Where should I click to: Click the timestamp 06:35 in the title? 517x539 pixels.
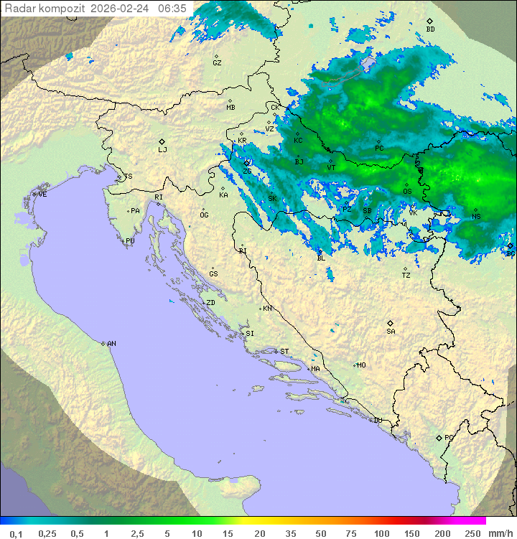[172, 9]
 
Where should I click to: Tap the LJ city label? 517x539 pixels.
[162, 150]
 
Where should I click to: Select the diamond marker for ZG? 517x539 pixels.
[248, 163]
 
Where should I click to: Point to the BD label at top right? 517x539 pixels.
[430, 29]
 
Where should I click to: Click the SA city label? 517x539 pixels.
[391, 332]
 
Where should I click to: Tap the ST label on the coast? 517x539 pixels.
[284, 352]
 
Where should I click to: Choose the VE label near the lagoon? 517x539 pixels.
[42, 194]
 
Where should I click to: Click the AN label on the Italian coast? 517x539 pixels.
[111, 344]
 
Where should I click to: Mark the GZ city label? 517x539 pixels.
[217, 63]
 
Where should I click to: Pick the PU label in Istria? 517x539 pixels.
[130, 241]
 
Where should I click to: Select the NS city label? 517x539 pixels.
[476, 217]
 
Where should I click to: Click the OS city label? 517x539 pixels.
[407, 192]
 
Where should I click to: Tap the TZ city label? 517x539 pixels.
[406, 276]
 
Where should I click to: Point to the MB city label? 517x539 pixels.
[230, 108]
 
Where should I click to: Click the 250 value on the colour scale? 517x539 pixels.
[472, 533]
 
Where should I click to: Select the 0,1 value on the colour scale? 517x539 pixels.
[16, 533]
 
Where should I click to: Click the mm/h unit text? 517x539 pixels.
[499, 533]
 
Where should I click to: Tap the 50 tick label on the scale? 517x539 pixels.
[321, 533]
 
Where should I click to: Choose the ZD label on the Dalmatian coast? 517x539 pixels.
[210, 303]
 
